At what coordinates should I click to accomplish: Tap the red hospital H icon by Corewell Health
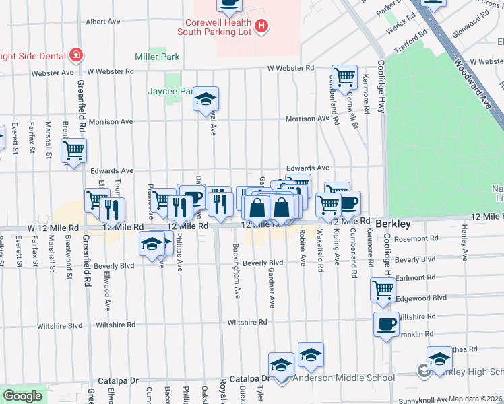(x=262, y=27)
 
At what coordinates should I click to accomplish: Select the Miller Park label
(x=157, y=57)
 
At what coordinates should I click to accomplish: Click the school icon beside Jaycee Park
(x=206, y=100)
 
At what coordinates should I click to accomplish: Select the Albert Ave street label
(x=103, y=22)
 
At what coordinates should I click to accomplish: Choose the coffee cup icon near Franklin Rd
(x=386, y=324)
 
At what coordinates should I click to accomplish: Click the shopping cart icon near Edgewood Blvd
(x=383, y=290)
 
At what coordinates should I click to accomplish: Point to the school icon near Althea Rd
(x=439, y=358)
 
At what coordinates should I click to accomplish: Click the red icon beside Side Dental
(x=76, y=55)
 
